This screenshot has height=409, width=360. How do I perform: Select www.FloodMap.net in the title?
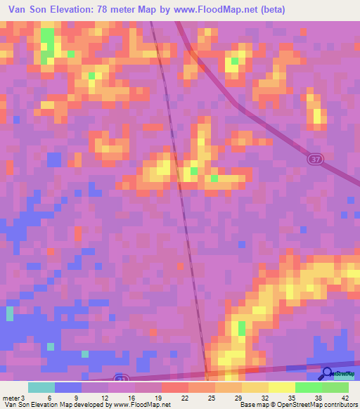[x=211, y=10]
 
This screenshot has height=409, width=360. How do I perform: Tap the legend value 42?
[x=345, y=397]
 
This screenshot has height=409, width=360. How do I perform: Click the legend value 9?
[x=75, y=397]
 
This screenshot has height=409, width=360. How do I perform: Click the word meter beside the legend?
[x=11, y=397]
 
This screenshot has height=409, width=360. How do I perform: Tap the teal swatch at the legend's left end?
[x=41, y=387]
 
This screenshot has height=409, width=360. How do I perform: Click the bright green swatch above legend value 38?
[x=308, y=387]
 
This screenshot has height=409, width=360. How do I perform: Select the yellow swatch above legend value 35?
[x=281, y=387]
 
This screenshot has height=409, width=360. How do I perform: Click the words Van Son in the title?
[x=25, y=10]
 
